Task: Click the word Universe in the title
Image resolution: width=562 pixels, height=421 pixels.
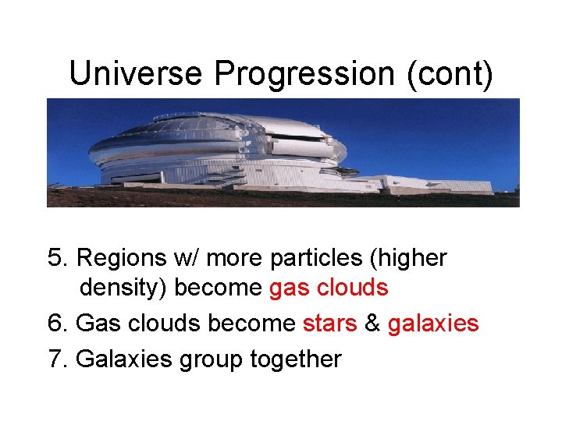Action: pyautogui.click(x=137, y=74)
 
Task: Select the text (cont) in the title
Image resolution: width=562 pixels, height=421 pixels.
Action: pyautogui.click(x=454, y=74)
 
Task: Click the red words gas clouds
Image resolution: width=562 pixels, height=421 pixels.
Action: pyautogui.click(x=328, y=288)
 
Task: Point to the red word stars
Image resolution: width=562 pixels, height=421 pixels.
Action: pyautogui.click(x=329, y=324)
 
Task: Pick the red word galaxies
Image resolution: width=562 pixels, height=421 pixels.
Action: pyautogui.click(x=432, y=324)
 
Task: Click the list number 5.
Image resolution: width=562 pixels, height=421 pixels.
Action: pyautogui.click(x=56, y=258)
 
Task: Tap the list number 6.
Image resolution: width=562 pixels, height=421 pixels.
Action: pyautogui.click(x=56, y=324)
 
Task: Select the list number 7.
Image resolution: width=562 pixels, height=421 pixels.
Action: pyautogui.click(x=56, y=359)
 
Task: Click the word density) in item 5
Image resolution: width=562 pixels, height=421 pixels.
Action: pyautogui.click(x=123, y=288)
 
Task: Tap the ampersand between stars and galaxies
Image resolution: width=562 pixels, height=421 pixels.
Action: pyautogui.click(x=372, y=324)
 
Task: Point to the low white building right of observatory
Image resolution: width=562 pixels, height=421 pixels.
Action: pyautogui.click(x=441, y=185)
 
